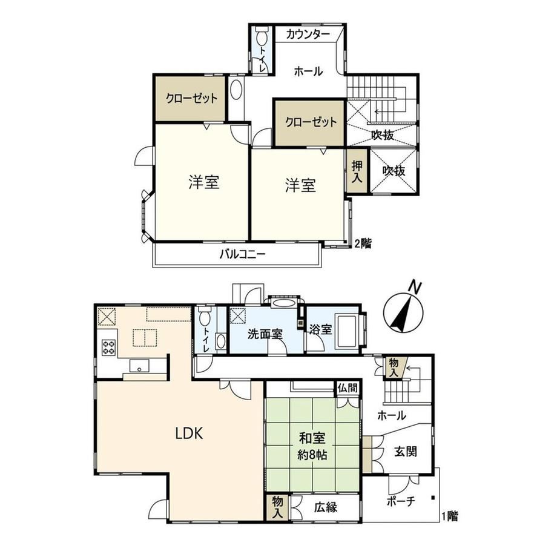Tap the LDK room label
pos(193,433)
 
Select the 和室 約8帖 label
pos(312,446)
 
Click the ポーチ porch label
pos(400,502)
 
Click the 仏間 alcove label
pos(348,387)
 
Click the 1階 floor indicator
pos(449,516)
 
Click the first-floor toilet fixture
pos(204,317)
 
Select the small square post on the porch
pos(433,499)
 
